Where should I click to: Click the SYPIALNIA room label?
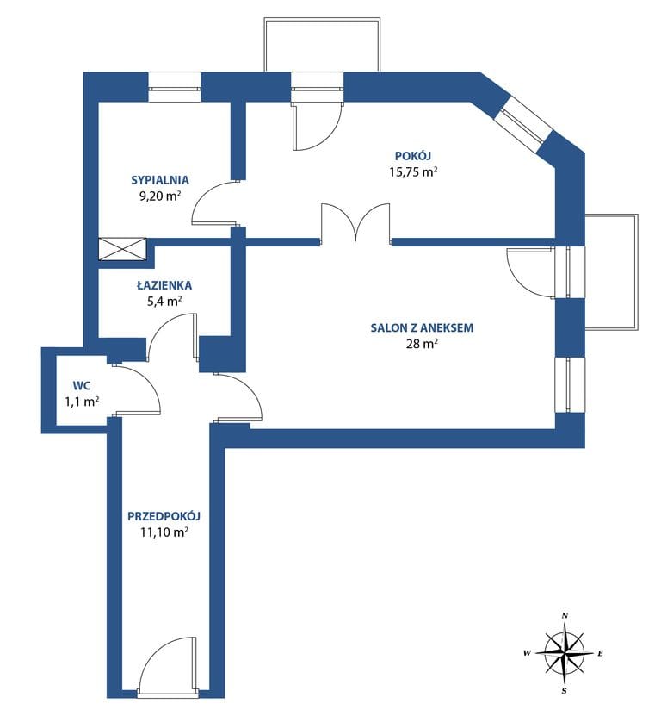point(160,180)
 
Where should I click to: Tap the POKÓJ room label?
point(413,156)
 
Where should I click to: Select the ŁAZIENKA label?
point(164,285)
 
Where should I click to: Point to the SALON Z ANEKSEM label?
point(422,328)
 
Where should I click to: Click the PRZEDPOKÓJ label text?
point(164,516)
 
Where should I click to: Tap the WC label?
point(81,386)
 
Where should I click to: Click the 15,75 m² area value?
point(413,172)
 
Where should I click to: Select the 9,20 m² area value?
point(160,196)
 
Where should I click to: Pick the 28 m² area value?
point(422,344)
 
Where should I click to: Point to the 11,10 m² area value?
point(164,532)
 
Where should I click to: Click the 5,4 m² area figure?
point(164,302)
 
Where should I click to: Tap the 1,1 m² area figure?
point(82,402)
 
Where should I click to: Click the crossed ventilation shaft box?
point(122,249)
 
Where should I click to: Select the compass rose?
point(565,653)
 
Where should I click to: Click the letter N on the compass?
point(565,615)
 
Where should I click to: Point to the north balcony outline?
point(322,44)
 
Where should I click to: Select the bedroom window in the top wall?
point(175,87)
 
